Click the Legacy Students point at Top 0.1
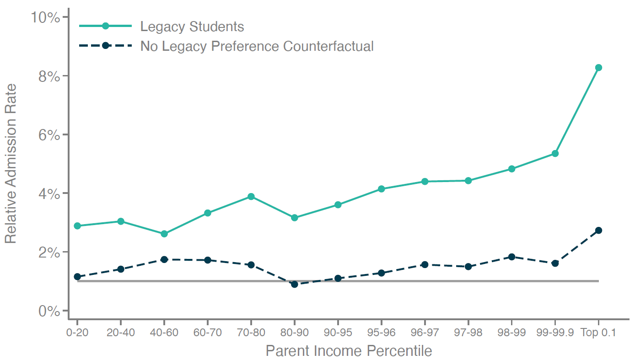tap(598, 68)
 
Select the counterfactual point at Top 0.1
tap(598, 231)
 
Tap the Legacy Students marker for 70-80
tap(251, 197)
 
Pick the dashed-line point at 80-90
tap(294, 284)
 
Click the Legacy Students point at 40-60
tap(164, 234)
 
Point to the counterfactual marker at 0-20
tap(77, 277)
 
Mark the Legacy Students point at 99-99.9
tap(555, 154)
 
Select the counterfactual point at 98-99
tap(511, 257)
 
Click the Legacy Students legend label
tap(192, 27)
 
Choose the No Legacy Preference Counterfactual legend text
tap(257, 46)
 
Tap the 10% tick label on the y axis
tap(45, 17)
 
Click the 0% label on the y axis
tap(49, 311)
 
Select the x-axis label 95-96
tap(381, 333)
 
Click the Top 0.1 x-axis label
tap(598, 333)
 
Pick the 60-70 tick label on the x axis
tap(207, 333)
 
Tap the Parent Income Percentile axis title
tap(349, 351)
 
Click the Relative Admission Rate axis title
tap(11, 164)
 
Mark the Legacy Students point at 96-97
tap(425, 182)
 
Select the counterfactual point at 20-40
tap(120, 269)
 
